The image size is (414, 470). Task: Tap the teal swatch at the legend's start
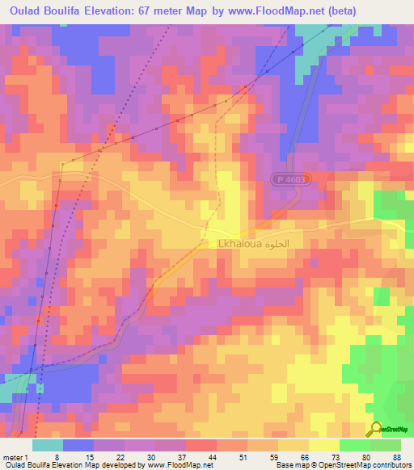pyautogui.click(x=48, y=445)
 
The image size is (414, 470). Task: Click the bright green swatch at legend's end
pyautogui.click(x=386, y=445)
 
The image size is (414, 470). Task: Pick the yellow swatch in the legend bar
pyautogui.click(x=324, y=445)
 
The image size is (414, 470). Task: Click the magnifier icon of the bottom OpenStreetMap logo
pyautogui.click(x=376, y=430)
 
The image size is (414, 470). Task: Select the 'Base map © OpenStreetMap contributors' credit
pyautogui.click(x=340, y=465)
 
